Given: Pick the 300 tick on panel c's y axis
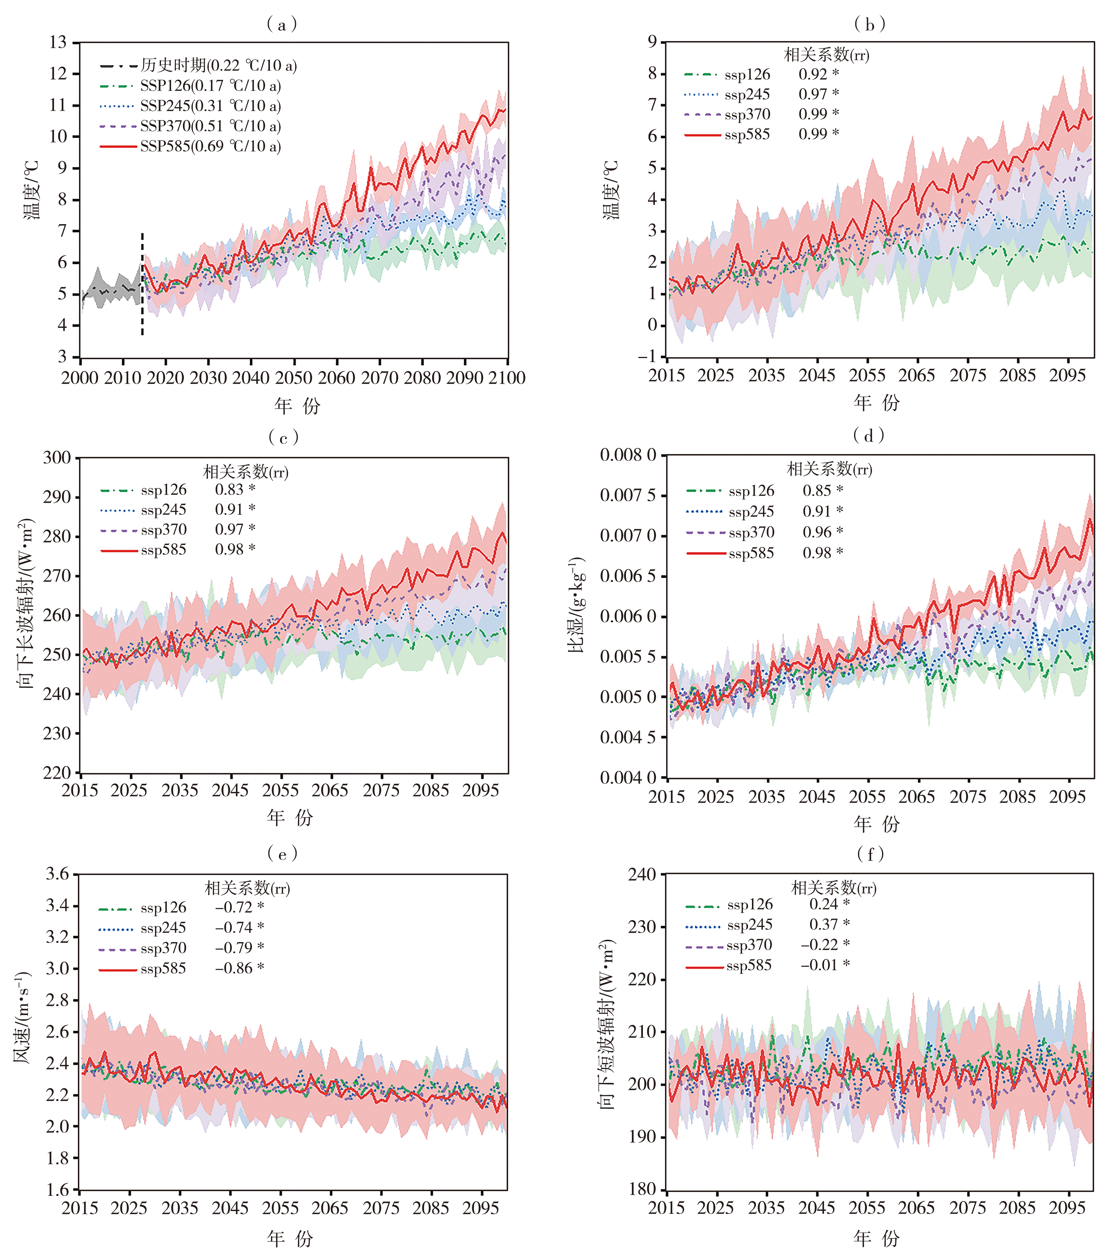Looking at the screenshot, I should [x=57, y=458].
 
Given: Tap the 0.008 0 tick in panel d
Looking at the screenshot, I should [x=628, y=455].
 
